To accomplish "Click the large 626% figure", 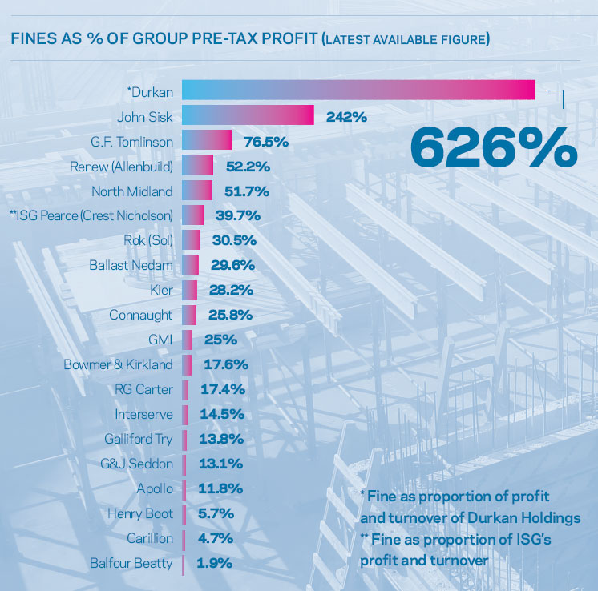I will [x=493, y=145].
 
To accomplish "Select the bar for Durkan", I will [x=358, y=90].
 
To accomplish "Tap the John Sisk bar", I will [x=248, y=116].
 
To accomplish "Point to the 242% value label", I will [x=346, y=117].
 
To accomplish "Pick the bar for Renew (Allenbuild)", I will [x=197, y=166].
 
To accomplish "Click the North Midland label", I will [x=131, y=191].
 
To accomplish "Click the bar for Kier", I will [x=189, y=290].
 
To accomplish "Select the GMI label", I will [x=160, y=340].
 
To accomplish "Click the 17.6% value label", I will [x=225, y=364].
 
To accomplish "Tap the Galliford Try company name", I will [x=138, y=439].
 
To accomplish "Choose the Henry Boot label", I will [x=140, y=513].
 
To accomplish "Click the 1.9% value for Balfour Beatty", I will [x=214, y=563].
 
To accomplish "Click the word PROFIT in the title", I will [x=268, y=38].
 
